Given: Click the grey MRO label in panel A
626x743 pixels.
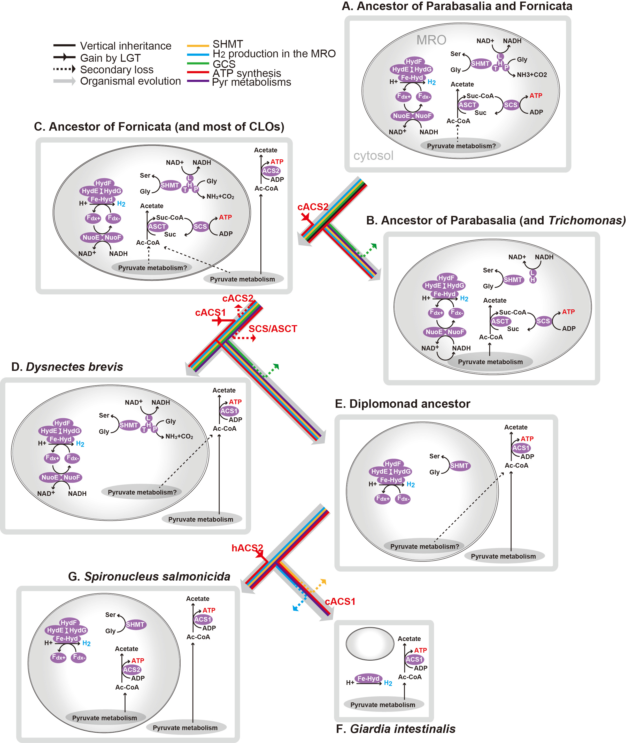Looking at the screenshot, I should [431, 40].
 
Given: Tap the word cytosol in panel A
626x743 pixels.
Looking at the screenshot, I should [373, 155].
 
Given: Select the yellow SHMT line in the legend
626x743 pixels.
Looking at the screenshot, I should [198, 46].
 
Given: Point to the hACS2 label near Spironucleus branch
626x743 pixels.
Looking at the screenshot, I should [247, 548].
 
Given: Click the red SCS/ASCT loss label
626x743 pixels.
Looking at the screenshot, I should [273, 329].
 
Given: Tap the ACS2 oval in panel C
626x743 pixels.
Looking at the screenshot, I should [271, 171].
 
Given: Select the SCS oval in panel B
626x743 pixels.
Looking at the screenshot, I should [543, 321].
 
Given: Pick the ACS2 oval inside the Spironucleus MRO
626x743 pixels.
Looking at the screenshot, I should [132, 670].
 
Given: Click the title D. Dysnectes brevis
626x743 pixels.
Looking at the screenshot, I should [67, 366].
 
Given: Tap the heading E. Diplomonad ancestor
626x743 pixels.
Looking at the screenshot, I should [403, 404].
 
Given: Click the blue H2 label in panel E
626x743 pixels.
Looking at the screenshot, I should [411, 484].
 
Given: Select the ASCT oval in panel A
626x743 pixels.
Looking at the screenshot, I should [467, 105].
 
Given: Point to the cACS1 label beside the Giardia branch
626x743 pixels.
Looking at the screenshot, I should [340, 601].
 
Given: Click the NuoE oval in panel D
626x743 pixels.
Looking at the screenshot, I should [50, 477].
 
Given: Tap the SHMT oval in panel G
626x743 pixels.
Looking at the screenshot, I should [135, 624].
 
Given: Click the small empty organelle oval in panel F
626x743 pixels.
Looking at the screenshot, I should [370, 644].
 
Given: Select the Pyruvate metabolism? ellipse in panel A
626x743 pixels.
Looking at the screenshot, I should [461, 146].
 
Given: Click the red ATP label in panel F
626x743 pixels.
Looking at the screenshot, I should [421, 650].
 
